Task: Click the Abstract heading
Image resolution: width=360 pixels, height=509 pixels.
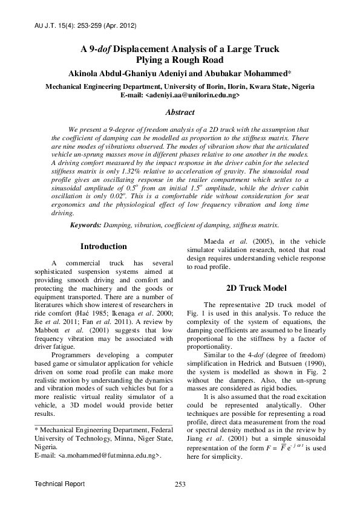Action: (x=180, y=112)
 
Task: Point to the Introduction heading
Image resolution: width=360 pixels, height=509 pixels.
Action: (x=103, y=247)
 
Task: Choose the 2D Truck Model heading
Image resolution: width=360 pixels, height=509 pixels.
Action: (x=256, y=287)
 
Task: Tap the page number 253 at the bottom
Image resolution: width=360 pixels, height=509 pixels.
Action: (x=180, y=484)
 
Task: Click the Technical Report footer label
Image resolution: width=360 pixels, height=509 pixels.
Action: (x=59, y=484)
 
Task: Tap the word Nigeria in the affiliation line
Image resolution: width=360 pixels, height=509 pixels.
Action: (x=301, y=86)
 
